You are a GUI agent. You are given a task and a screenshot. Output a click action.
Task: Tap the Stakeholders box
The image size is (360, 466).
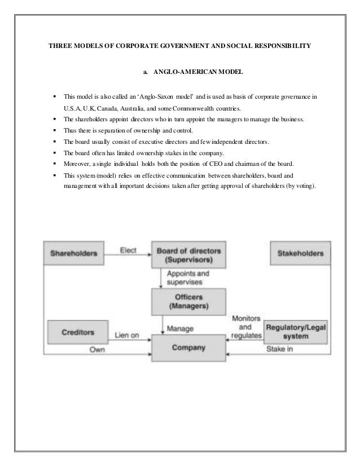click(300, 253)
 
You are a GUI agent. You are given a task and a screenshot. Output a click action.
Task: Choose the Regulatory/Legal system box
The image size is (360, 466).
click(296, 331)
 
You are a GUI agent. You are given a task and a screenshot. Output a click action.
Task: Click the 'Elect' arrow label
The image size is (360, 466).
click(128, 251)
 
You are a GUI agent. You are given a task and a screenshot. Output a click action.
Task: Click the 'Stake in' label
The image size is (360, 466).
click(280, 349)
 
